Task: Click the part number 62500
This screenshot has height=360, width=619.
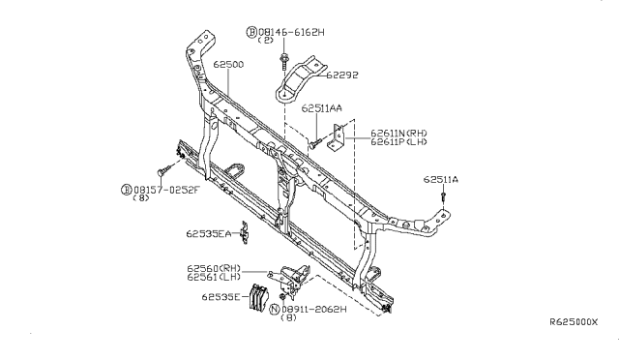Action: pos(229,64)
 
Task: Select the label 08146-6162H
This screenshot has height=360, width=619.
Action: pos(291,32)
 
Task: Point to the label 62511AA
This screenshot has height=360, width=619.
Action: pos(321,108)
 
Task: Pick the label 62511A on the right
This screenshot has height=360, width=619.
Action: pos(440,180)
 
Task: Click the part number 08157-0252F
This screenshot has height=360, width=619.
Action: pos(166,189)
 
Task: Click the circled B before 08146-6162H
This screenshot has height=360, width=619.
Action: pos(252,32)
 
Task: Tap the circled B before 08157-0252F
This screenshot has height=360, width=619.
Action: pos(127,189)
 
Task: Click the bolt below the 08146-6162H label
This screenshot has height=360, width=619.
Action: pos(283,60)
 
